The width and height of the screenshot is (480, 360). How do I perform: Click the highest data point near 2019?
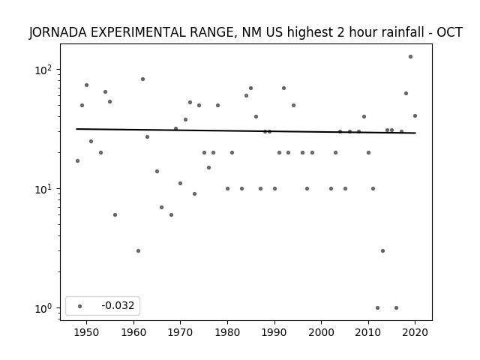[410, 57]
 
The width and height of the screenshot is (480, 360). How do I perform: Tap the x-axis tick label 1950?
[87, 332]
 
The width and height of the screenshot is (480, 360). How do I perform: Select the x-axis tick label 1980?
[227, 332]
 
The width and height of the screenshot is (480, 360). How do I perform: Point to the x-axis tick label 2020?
[415, 332]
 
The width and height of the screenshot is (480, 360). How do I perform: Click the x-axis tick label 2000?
[322, 332]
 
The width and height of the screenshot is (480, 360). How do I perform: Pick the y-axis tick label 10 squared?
[43, 70]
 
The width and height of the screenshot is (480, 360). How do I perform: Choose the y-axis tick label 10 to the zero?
[43, 308]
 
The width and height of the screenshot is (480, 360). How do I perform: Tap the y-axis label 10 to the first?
[43, 190]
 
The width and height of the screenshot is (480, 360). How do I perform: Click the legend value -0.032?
[118, 305]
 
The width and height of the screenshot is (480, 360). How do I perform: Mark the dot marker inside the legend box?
[80, 306]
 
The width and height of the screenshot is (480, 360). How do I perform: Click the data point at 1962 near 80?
[142, 79]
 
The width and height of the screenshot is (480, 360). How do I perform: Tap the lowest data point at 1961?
[138, 250]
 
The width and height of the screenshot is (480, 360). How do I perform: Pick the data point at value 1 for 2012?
[377, 308]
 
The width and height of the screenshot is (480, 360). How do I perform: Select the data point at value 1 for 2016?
[396, 308]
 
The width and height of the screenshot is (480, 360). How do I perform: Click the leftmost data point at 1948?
[77, 160]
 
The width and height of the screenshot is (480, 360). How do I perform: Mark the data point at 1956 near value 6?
[115, 215]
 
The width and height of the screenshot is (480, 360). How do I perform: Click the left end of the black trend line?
[76, 129]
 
